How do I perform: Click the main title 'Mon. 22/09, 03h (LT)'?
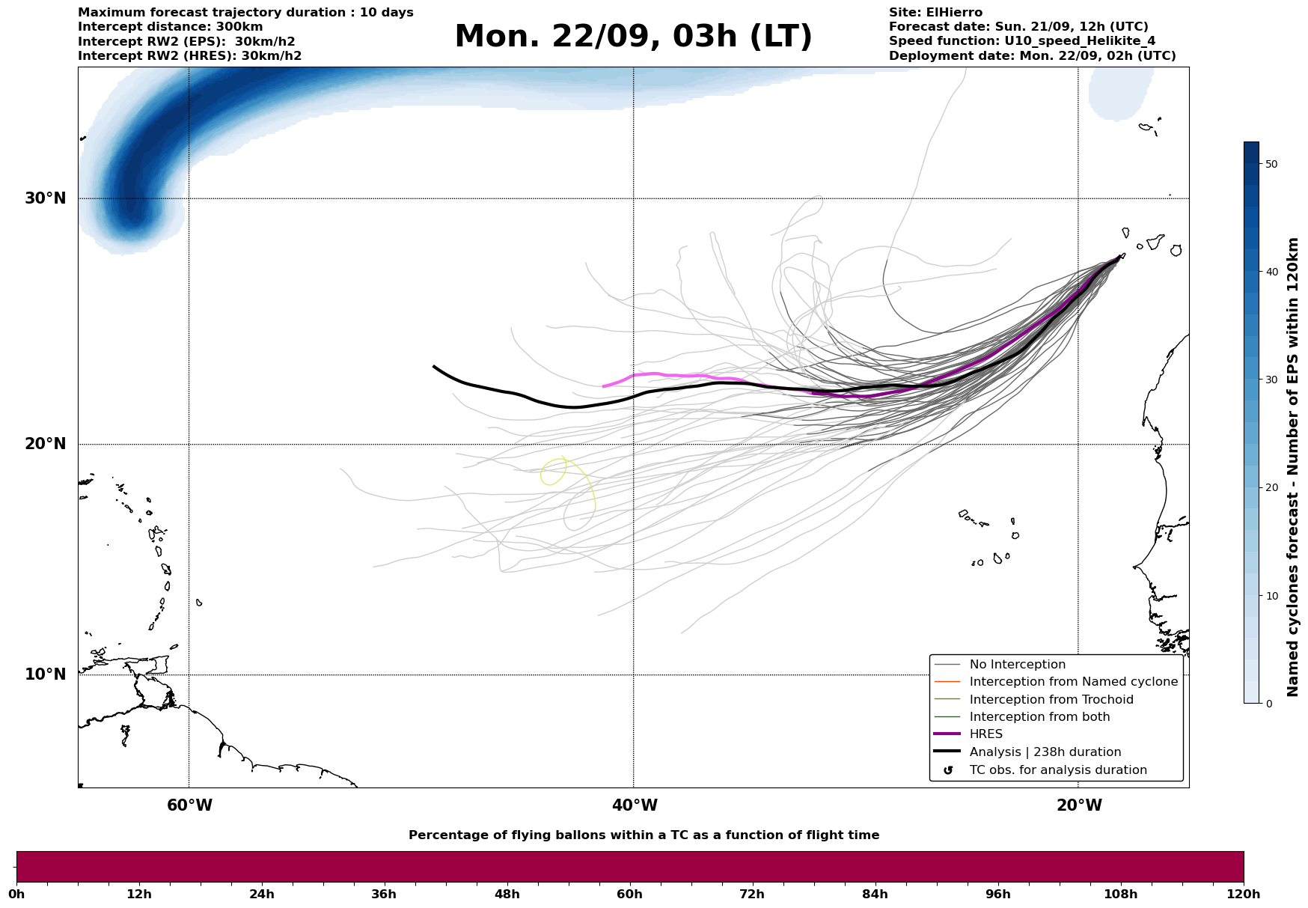click(x=633, y=37)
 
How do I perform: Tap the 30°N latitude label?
click(x=46, y=198)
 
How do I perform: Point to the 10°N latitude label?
click(x=46, y=674)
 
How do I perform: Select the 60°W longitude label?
click(x=189, y=805)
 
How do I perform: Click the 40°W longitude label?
click(x=635, y=805)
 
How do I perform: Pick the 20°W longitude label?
click(x=1079, y=805)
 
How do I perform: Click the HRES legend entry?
click(x=985, y=734)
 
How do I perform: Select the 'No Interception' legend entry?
click(x=1017, y=665)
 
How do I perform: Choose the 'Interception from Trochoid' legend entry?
click(x=1051, y=700)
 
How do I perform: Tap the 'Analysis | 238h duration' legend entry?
click(x=1045, y=752)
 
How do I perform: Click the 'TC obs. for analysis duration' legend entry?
click(x=1057, y=770)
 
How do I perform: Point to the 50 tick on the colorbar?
click(x=1271, y=164)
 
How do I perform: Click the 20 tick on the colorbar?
click(x=1271, y=488)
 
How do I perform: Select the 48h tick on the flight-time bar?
click(x=507, y=895)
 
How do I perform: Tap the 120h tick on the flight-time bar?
click(x=1243, y=895)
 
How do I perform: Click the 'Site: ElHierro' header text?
click(x=935, y=13)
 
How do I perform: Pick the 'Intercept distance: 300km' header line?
click(x=171, y=27)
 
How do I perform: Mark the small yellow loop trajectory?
click(x=553, y=472)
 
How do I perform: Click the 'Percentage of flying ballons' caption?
click(x=644, y=835)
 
